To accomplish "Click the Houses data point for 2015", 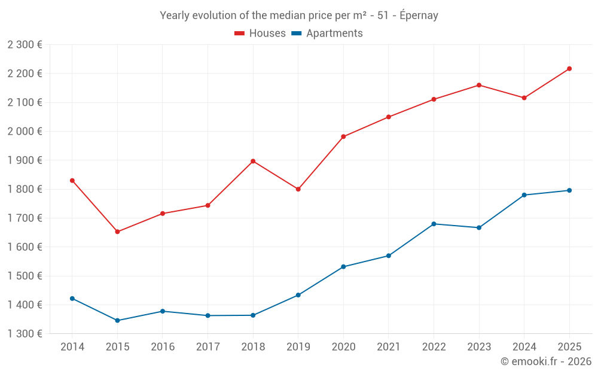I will pos(117,232).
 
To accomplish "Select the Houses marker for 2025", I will pos(569,69).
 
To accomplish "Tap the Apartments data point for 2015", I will pos(117,321).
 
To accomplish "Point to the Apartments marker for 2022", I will pos(434,224).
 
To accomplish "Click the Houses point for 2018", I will pos(253,161).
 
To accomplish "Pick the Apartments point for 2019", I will pos(298,295).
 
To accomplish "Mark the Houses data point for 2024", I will pos(524,98).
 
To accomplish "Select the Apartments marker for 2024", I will pos(524,195).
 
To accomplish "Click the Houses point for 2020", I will pos(343,136).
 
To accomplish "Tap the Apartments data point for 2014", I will pos(72,299).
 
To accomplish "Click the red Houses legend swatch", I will pos(240,34).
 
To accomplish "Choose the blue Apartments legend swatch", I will pos(297,34).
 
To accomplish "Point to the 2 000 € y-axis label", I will pos(25,131).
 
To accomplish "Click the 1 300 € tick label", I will pos(25,333).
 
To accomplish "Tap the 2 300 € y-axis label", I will pos(25,44).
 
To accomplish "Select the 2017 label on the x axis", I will pos(208,346).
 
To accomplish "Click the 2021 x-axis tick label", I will pos(389,346).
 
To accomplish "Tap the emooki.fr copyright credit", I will pos(545,361).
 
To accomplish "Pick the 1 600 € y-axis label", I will pos(25,247).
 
